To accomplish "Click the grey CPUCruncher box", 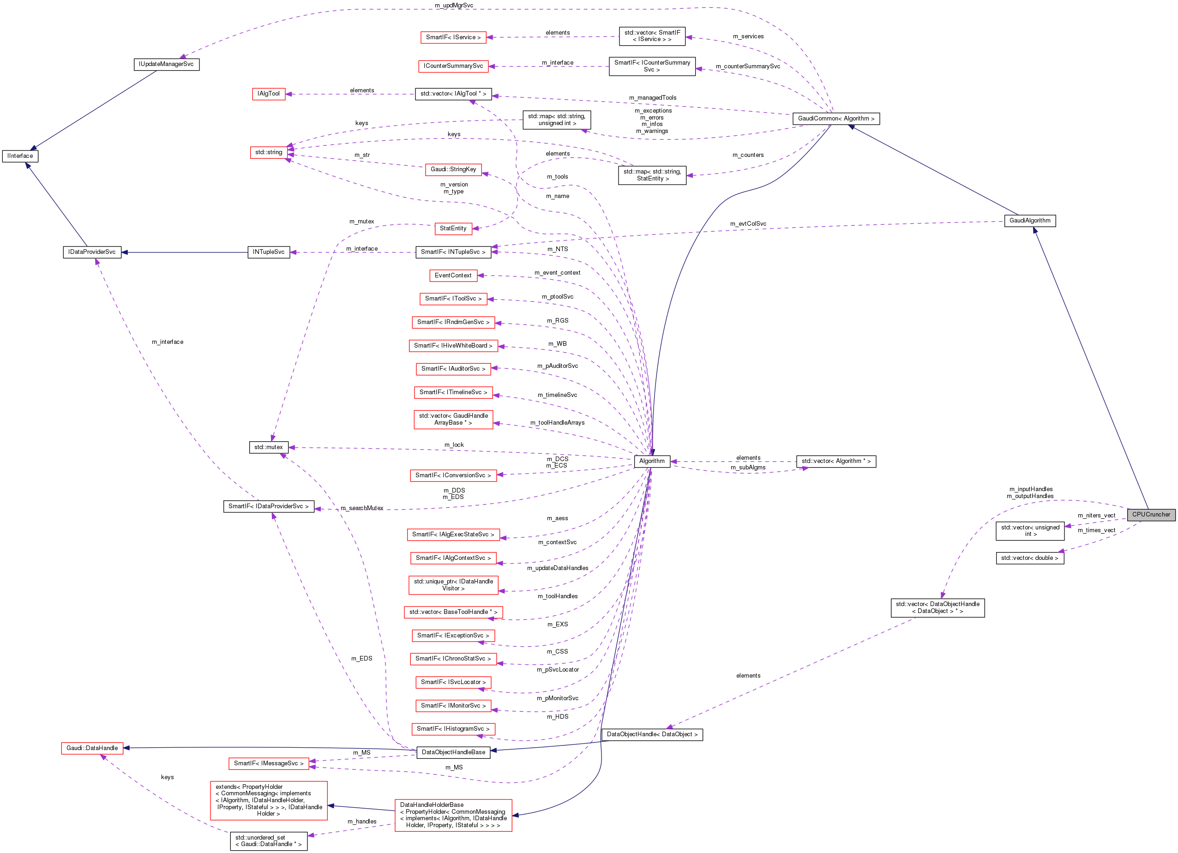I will coord(1150,514).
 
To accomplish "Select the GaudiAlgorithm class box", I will coord(1029,221).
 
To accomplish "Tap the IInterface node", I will coord(20,156).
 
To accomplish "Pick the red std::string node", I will coord(269,152).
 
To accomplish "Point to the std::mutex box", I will coord(269,447).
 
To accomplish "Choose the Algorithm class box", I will coord(651,461).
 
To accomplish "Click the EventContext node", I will coord(453,275).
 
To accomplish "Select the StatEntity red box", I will coord(453,228).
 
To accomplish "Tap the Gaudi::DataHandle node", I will coord(92,748).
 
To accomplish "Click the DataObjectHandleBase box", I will coord(453,752).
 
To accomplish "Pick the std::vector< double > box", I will coord(1029,558).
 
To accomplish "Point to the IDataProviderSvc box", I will coord(92,252).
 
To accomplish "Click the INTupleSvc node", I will coord(269,252).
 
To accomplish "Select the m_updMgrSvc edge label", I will coord(454,6).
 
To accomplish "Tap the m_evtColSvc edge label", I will coord(748,224).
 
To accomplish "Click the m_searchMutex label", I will coord(362,508).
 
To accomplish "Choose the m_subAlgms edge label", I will coord(748,468).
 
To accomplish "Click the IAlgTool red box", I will coord(269,94).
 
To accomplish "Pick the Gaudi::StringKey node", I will coord(453,169).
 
